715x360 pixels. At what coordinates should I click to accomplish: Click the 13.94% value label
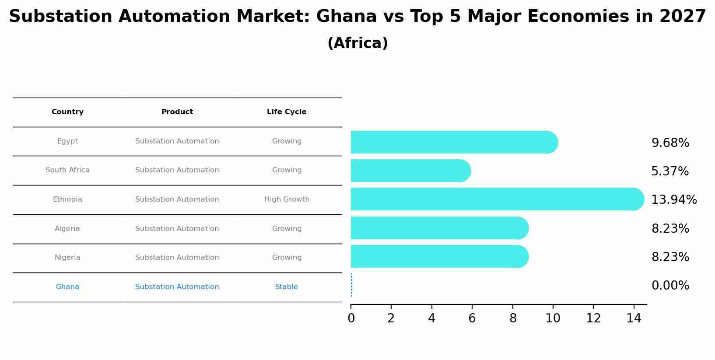click(x=673, y=200)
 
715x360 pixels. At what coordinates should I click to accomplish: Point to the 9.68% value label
click(x=670, y=143)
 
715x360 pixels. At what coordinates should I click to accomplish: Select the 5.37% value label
click(x=669, y=171)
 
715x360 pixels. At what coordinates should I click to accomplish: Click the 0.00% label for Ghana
click(x=670, y=286)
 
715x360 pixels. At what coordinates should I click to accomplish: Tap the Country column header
click(x=67, y=112)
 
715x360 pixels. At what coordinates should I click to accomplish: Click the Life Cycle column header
click(x=287, y=112)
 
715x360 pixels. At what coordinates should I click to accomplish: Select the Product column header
click(x=177, y=112)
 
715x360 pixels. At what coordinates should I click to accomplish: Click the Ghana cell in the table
click(x=67, y=287)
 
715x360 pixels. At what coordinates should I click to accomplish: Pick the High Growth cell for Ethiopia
click(x=287, y=199)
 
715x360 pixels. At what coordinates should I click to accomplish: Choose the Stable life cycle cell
click(x=286, y=287)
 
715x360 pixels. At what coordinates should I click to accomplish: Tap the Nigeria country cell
click(x=67, y=258)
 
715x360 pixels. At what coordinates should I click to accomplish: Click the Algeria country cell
click(x=67, y=229)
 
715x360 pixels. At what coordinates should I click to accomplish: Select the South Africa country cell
click(x=67, y=170)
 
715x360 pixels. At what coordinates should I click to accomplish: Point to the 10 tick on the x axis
click(x=553, y=318)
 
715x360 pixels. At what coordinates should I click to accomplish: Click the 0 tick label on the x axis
click(x=351, y=318)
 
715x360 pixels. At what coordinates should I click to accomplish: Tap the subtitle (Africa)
click(x=357, y=43)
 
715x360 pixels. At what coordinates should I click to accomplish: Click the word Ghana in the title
click(x=346, y=17)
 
